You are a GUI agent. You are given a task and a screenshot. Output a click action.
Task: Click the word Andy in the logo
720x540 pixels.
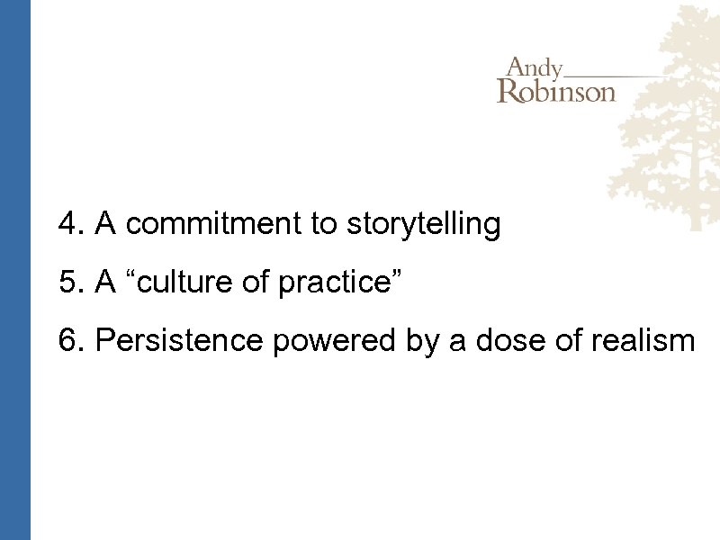(x=535, y=68)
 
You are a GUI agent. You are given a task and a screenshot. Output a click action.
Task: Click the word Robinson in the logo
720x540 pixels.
(x=556, y=91)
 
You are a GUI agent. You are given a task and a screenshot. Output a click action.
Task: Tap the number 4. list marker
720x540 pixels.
(x=71, y=224)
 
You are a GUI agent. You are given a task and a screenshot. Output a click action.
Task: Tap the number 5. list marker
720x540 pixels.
(x=71, y=283)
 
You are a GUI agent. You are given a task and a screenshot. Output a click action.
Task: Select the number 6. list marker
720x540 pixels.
(x=71, y=341)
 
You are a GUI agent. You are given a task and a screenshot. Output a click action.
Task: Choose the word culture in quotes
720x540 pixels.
(x=193, y=283)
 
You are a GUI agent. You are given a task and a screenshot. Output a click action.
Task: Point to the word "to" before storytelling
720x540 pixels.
(x=322, y=224)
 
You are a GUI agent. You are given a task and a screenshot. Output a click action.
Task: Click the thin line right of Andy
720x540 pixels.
(x=621, y=75)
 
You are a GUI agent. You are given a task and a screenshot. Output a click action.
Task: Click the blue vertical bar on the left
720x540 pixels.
(x=15, y=270)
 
